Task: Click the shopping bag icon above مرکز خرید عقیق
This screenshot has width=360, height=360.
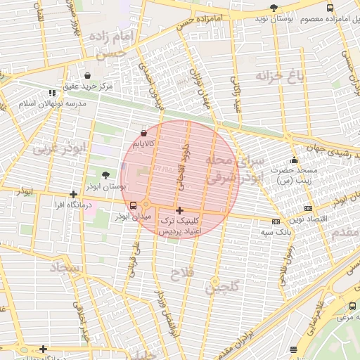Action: (x=86, y=75)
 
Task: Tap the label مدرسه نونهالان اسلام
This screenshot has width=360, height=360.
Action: (x=52, y=103)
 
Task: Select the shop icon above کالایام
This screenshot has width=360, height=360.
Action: (x=144, y=132)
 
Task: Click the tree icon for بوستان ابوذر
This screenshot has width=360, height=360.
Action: (x=105, y=175)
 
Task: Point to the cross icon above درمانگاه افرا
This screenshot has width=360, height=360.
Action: (x=73, y=194)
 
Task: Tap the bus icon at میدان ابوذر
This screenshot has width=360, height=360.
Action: (x=134, y=205)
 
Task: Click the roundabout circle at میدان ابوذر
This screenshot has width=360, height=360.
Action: (x=146, y=205)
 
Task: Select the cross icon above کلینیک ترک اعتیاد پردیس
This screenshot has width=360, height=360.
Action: (x=179, y=210)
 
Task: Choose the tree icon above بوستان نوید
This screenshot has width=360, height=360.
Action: (x=274, y=8)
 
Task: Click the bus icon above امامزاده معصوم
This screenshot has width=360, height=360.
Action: (x=330, y=8)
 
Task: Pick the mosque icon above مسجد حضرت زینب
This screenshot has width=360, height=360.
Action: (x=294, y=160)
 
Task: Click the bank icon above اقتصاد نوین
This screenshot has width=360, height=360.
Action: (x=308, y=208)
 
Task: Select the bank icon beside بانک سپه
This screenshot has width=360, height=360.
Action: (x=285, y=221)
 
